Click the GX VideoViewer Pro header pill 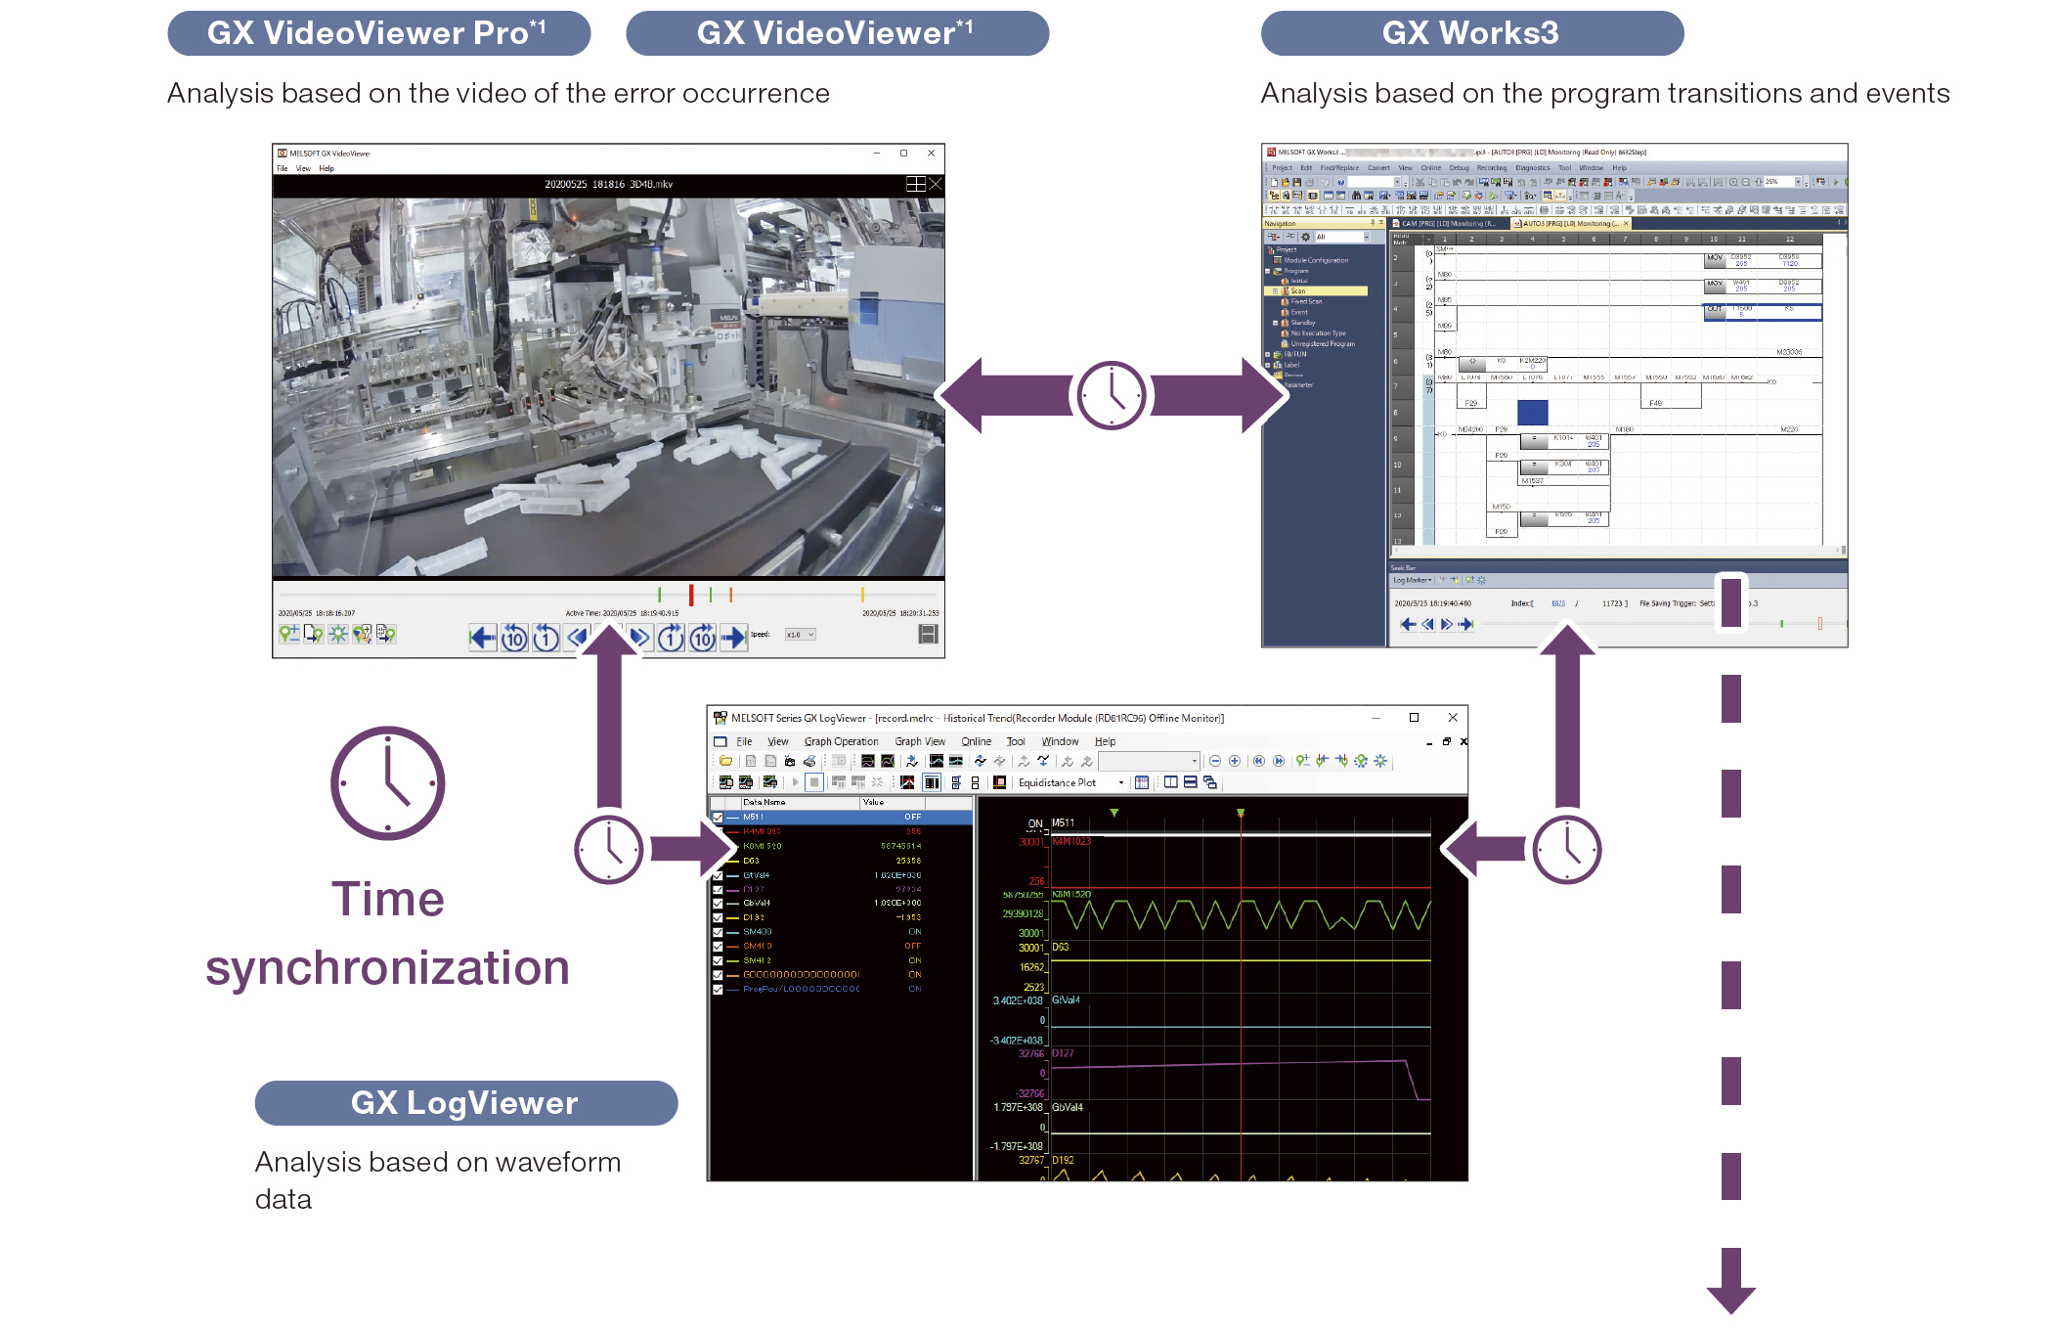coord(378,33)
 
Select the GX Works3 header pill coord(1471,33)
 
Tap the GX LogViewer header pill coord(465,1103)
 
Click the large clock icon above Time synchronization coord(388,783)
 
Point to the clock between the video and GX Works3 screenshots coord(1112,395)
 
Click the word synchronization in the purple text coord(387,967)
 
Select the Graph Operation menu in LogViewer coord(841,741)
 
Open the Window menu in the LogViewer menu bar coord(1060,741)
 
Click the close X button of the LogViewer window coord(1453,718)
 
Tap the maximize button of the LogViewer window coord(1414,718)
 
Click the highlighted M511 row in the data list coord(841,817)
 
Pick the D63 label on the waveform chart coord(1061,947)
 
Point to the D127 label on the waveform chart coord(1063,1053)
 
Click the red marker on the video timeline coord(691,595)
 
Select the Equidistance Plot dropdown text coord(1057,782)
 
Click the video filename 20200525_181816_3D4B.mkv coord(608,184)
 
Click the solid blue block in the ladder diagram coord(1532,413)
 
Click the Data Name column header coord(764,802)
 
